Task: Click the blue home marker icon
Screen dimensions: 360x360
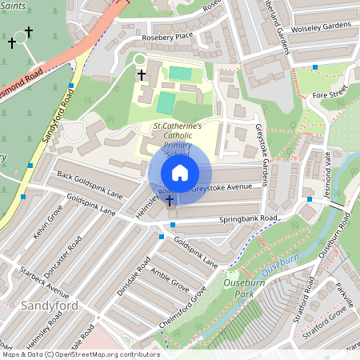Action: point(179,173)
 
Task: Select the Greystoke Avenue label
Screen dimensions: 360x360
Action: point(227,189)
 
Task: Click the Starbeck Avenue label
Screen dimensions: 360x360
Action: point(46,273)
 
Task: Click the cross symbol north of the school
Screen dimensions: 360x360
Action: point(142,74)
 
